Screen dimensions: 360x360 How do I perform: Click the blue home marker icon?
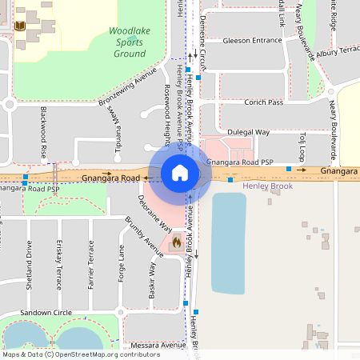click(180, 172)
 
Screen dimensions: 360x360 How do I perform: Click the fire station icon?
click(176, 239)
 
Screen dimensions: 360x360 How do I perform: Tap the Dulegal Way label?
click(249, 131)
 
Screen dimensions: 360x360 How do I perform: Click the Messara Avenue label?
click(157, 345)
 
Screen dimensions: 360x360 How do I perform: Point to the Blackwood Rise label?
click(44, 131)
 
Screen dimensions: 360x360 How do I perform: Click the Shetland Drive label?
click(30, 265)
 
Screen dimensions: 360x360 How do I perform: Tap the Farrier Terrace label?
click(90, 265)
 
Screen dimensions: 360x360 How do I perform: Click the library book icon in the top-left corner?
click(20, 27)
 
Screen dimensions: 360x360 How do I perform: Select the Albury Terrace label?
click(338, 50)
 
